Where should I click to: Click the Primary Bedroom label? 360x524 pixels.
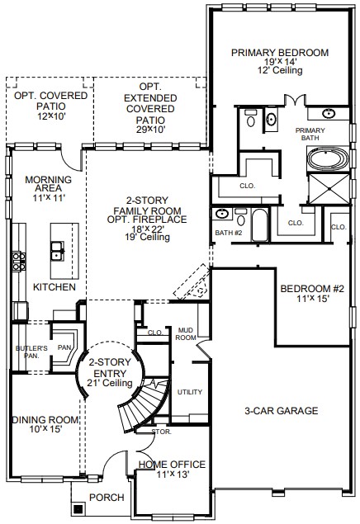(280, 53)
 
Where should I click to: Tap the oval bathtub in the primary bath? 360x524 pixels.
(328, 159)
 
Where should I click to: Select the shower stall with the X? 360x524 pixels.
(329, 189)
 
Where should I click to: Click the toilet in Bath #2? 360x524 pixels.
(240, 217)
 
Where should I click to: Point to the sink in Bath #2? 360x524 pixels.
(221, 214)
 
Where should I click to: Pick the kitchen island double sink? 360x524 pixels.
(58, 251)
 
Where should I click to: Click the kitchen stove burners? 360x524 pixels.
(19, 262)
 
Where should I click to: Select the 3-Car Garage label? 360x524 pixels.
(281, 411)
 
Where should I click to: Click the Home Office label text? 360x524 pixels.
(172, 465)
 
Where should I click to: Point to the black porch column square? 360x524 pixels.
(78, 509)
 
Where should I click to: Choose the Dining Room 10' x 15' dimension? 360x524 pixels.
(45, 429)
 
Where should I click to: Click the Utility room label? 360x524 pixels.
(190, 392)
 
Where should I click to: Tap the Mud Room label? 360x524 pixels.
(186, 334)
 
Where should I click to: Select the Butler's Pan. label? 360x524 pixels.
(31, 352)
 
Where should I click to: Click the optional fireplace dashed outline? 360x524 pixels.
(192, 281)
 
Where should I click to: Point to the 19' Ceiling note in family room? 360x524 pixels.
(148, 237)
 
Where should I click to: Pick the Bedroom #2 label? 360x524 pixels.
(312, 289)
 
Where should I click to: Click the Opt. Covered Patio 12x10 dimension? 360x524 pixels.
(51, 116)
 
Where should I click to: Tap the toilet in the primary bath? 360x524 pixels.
(250, 118)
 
